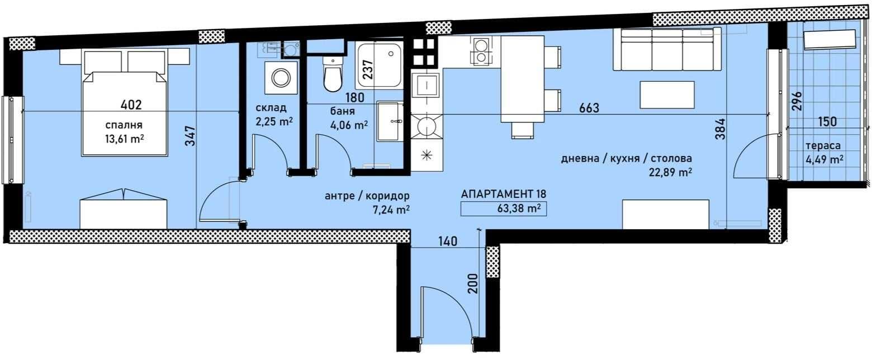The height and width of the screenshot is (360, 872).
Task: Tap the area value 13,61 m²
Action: point(125,139)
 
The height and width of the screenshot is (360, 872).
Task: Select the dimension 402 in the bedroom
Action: point(131,105)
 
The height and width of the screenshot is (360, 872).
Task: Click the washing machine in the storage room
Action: point(285,78)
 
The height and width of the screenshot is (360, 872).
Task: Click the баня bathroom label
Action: point(343,111)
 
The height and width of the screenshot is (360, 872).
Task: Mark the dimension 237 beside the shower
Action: point(367,69)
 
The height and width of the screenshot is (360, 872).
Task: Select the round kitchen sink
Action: point(426,126)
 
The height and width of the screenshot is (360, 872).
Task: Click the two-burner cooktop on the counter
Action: point(480,50)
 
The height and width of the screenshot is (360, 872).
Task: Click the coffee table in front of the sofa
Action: point(667,95)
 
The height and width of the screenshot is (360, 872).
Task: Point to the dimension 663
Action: point(589,108)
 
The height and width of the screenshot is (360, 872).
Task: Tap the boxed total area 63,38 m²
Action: point(503,209)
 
